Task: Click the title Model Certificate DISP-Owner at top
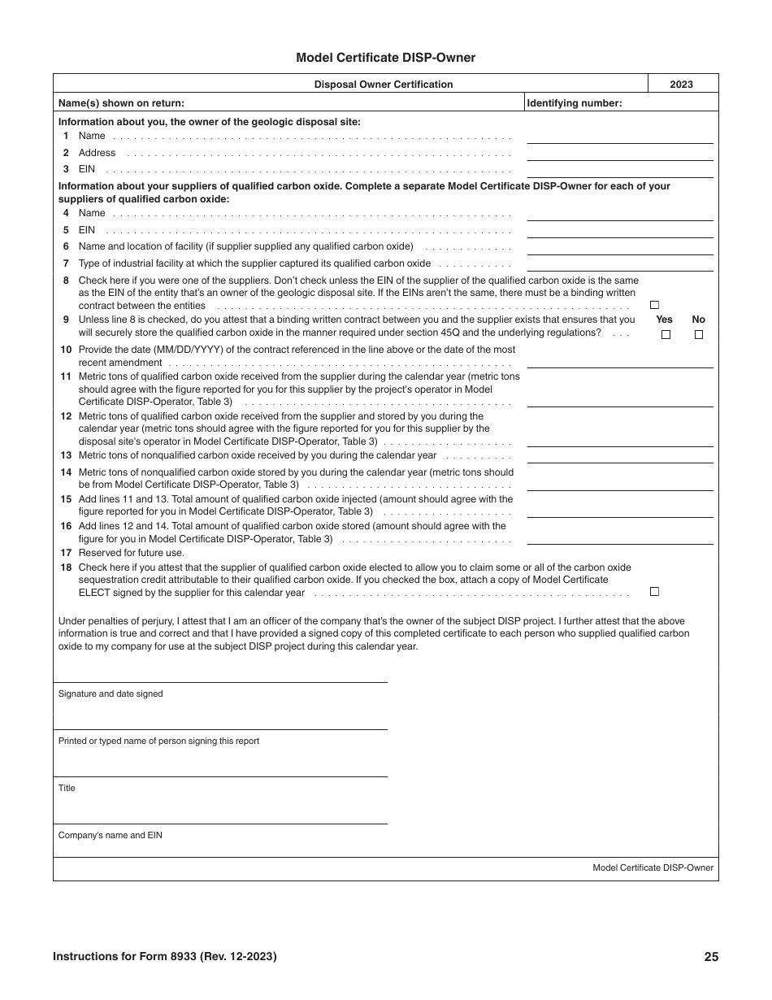pyautogui.click(x=385, y=58)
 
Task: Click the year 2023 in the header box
pyautogui.click(x=681, y=85)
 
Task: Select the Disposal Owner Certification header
pyautogui.click(x=384, y=85)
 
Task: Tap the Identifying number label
pyautogui.click(x=575, y=103)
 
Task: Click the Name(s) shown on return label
pyautogui.click(x=121, y=103)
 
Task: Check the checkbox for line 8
pyautogui.click(x=654, y=305)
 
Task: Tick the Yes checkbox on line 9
pyautogui.click(x=666, y=334)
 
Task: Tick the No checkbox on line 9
pyautogui.click(x=699, y=334)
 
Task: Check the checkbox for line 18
pyautogui.click(x=654, y=592)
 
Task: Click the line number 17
pyautogui.click(x=66, y=553)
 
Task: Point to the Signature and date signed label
pyautogui.click(x=111, y=693)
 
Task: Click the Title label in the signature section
pyautogui.click(x=67, y=788)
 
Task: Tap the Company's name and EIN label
pyautogui.click(x=111, y=835)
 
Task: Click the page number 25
pyautogui.click(x=711, y=957)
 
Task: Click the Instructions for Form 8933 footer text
pyautogui.click(x=164, y=957)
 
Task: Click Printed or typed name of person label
pyautogui.click(x=158, y=741)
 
